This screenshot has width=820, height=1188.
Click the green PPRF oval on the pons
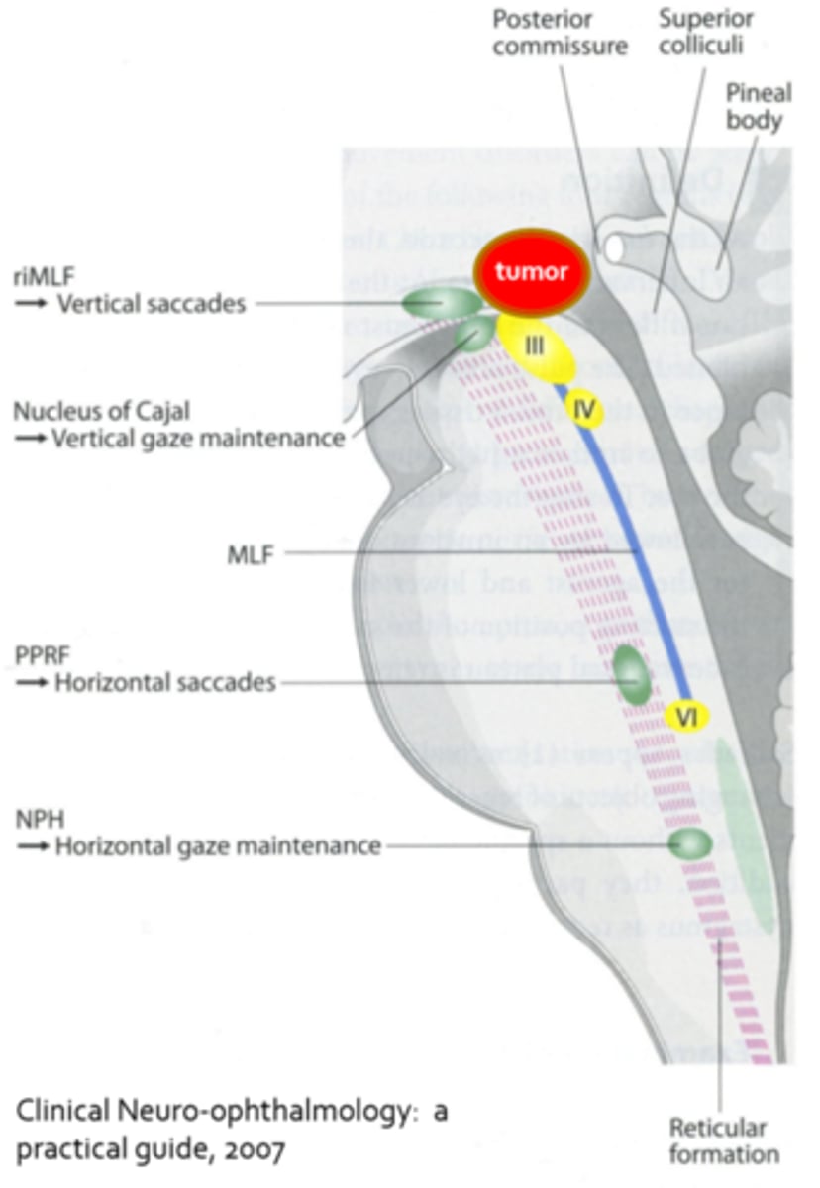point(630,675)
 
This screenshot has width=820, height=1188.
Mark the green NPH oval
point(690,844)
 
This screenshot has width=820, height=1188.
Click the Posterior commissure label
point(560,33)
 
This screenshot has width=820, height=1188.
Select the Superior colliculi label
point(707,33)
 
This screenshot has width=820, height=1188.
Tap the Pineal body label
point(758,107)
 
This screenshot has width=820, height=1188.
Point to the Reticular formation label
point(718,1140)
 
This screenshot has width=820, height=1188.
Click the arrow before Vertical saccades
point(33,305)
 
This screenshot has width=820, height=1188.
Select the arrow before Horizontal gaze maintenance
point(33,847)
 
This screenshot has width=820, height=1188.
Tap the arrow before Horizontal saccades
point(33,683)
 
